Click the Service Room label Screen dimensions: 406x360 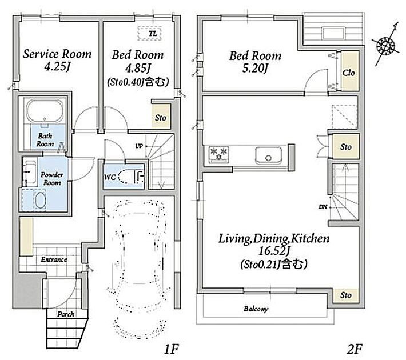[57, 54]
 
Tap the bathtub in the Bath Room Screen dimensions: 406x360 [45, 111]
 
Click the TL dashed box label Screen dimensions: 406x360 [153, 34]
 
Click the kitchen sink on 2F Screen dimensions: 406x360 [268, 155]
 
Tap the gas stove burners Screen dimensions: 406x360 [219, 154]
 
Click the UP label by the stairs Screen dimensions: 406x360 [139, 146]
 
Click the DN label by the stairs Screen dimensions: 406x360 [323, 207]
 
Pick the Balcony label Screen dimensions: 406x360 [256, 309]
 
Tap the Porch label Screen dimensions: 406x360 [66, 314]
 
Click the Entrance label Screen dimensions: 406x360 [54, 259]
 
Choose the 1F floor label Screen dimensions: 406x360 [172, 349]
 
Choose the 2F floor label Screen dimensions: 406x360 [354, 349]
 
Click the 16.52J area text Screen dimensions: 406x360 [274, 250]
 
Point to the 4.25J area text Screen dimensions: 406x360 [57, 67]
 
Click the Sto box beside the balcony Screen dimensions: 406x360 [345, 295]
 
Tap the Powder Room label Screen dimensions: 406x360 [52, 179]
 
